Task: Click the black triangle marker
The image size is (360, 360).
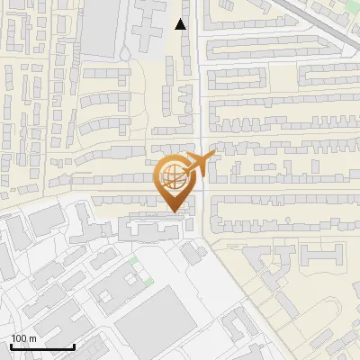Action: (181, 24)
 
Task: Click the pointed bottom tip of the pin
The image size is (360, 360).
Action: (171, 211)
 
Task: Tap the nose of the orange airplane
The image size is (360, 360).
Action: (213, 156)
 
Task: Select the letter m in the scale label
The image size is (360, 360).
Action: (33, 339)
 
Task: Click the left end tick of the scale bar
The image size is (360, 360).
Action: (11, 346)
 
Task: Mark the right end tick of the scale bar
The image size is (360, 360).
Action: (75, 346)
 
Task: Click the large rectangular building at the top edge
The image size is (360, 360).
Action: (102, 27)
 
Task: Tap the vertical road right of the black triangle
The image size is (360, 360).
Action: (199, 54)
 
